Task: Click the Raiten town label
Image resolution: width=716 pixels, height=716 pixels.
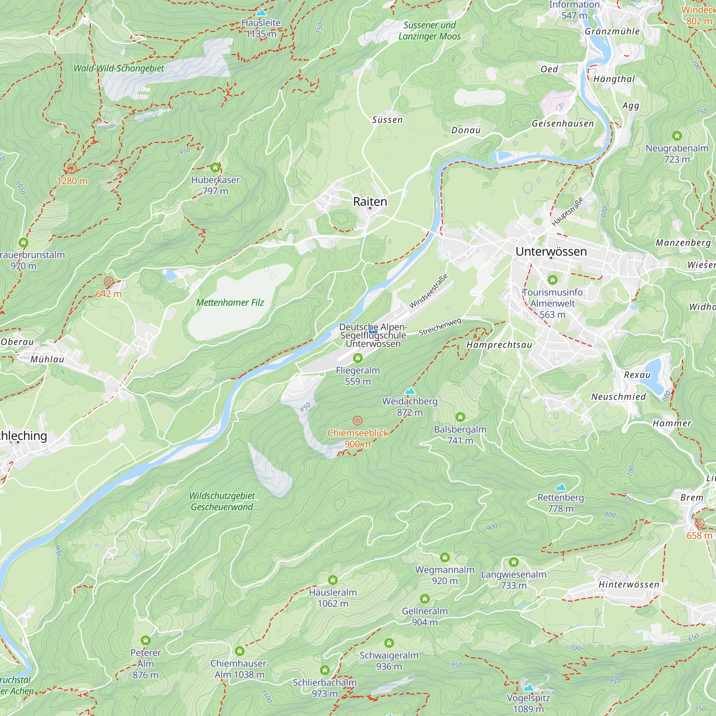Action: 370,202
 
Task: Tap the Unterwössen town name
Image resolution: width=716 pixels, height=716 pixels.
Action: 551,251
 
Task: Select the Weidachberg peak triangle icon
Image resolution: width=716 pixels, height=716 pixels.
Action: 410,391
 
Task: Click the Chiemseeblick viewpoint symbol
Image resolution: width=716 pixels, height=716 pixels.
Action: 357,421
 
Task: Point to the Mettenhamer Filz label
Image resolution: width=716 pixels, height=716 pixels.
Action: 230,303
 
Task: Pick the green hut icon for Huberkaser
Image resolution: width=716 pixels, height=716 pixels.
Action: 215,168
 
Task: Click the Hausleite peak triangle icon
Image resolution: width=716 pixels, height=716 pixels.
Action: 261,13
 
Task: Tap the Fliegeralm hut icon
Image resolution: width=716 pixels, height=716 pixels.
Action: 358,358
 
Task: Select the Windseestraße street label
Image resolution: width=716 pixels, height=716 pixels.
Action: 428,291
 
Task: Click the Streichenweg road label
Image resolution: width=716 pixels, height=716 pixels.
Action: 440,327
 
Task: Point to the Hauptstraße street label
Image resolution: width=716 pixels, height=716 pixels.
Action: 567,212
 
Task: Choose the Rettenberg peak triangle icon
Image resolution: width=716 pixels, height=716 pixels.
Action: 560,487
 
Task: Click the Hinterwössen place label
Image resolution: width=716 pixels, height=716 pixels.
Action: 629,585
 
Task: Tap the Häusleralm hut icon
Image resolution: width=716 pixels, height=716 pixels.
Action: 333,580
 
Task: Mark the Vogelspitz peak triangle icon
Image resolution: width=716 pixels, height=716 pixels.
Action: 528,687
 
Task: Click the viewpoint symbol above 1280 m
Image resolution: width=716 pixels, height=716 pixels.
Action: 72,169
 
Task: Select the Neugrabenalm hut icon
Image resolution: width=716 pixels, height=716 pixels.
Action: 677,136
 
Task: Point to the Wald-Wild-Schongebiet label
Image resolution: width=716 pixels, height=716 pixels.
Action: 118,68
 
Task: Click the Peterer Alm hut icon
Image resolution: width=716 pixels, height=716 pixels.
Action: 145,640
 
